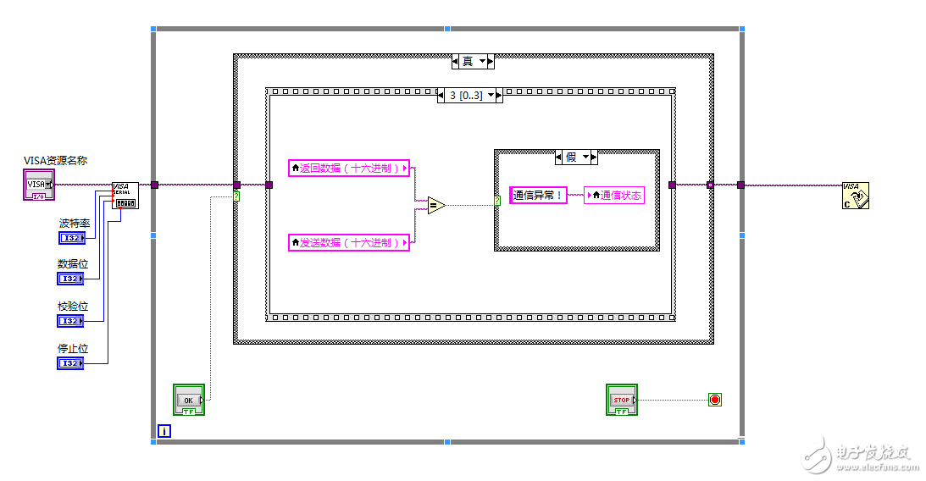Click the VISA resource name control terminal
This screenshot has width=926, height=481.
click(38, 185)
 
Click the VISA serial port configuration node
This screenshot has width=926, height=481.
click(125, 196)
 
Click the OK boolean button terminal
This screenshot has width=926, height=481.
click(189, 400)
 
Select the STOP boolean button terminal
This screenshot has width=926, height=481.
click(622, 400)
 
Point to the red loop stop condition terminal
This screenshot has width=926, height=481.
click(714, 400)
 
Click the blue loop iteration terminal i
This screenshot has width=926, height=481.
click(164, 431)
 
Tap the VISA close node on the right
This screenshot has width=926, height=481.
click(857, 196)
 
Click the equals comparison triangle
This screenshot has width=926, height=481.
click(435, 205)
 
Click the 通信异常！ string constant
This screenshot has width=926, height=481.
click(538, 196)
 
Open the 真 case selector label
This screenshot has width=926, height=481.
click(473, 62)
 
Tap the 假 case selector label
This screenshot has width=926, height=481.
click(576, 157)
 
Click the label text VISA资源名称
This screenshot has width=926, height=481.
click(56, 160)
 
